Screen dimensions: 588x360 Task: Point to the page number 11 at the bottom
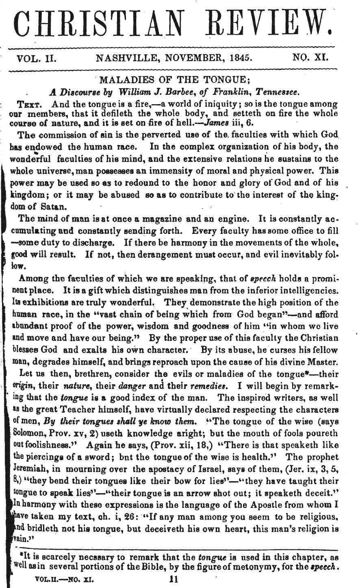tap(176, 578)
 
